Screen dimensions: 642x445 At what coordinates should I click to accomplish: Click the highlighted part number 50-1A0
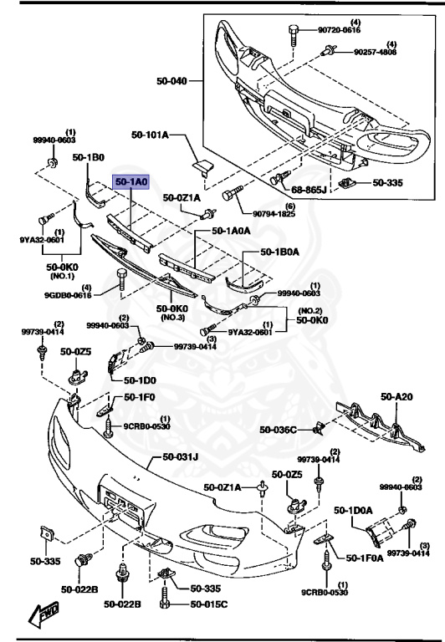point(131,181)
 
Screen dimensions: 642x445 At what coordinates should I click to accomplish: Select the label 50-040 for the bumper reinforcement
point(172,82)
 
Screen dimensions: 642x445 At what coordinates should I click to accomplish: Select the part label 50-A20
point(397,397)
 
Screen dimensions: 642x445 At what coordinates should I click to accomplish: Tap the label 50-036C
point(278,430)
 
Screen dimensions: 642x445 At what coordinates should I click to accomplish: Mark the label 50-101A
point(150,135)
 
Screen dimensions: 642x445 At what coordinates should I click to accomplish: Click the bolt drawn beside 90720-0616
point(294,35)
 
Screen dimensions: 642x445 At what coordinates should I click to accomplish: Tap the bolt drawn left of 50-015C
point(166,603)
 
